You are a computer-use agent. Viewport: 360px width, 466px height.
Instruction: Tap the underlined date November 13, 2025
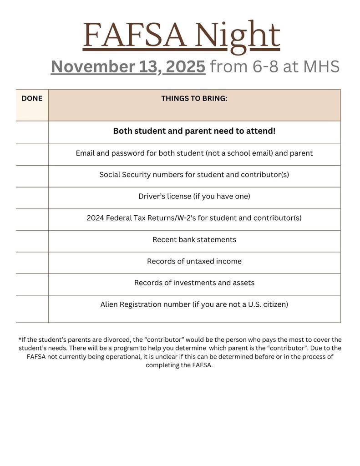point(128,67)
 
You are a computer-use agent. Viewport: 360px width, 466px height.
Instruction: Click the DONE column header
point(32,98)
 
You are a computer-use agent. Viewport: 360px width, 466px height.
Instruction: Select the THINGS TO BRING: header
point(194,98)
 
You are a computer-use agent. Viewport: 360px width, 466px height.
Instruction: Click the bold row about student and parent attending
point(194,131)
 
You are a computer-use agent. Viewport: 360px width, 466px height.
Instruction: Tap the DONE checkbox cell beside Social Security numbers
point(32,176)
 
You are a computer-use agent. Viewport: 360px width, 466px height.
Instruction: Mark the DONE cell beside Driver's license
point(32,198)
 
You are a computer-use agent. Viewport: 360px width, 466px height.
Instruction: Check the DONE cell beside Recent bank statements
point(32,241)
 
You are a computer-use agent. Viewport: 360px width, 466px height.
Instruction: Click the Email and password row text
point(194,153)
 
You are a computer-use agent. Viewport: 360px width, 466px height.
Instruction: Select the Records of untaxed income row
point(194,261)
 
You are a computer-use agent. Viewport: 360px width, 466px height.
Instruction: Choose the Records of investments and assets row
point(194,283)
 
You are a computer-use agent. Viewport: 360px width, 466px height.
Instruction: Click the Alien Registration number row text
point(194,304)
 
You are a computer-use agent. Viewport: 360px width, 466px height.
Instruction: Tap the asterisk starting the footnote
point(20,339)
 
